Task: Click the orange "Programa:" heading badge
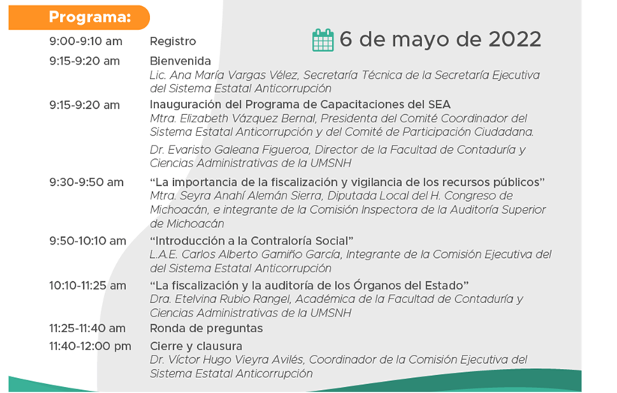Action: point(79,17)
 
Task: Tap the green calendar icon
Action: point(322,40)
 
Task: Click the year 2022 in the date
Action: point(515,40)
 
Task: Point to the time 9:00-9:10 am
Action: point(85,41)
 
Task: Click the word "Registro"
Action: point(172,41)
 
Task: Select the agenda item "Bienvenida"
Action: point(180,61)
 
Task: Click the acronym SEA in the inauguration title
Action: point(439,104)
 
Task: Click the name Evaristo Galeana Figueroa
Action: point(238,150)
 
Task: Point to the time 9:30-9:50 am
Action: point(86,182)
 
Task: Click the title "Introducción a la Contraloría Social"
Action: point(251,241)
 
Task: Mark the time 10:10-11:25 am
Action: point(88,286)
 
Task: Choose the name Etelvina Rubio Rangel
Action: point(232,299)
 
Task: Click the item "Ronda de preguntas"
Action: point(206,328)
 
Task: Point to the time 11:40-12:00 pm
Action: point(90,346)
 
